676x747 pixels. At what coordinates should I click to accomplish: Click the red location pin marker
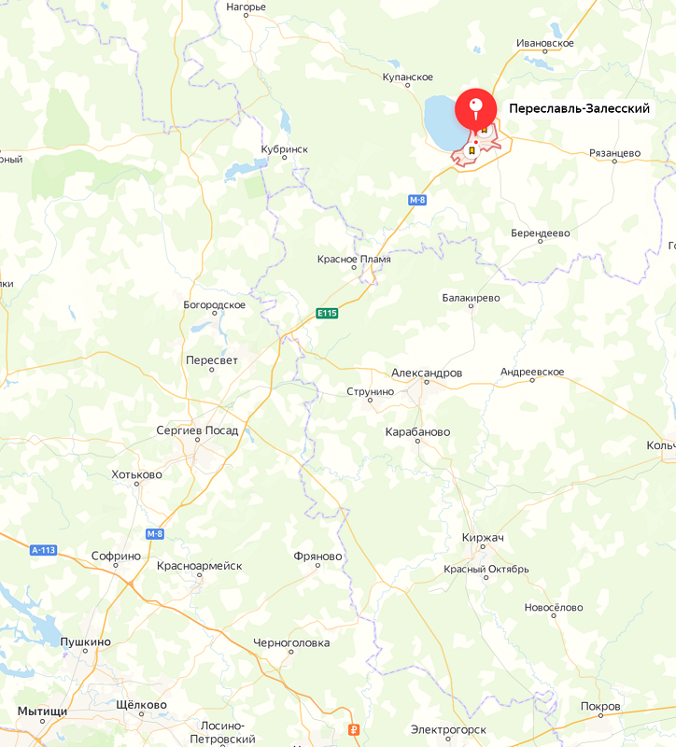pyautogui.click(x=476, y=110)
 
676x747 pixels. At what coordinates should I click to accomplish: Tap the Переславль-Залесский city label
pyautogui.click(x=579, y=109)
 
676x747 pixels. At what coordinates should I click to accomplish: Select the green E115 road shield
pyautogui.click(x=326, y=313)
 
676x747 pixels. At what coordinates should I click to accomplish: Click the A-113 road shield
pyautogui.click(x=44, y=550)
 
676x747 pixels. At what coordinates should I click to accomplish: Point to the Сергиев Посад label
pyautogui.click(x=197, y=430)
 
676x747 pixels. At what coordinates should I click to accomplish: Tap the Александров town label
pyautogui.click(x=427, y=373)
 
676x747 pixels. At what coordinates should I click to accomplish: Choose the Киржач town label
pyautogui.click(x=483, y=538)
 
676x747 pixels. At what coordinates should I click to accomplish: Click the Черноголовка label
pyautogui.click(x=291, y=643)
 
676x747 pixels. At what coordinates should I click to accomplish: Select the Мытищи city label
pyautogui.click(x=42, y=712)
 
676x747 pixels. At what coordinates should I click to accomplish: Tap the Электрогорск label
pyautogui.click(x=448, y=729)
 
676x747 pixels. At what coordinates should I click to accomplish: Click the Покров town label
pyautogui.click(x=599, y=707)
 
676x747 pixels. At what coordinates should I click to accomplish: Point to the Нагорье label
pyautogui.click(x=246, y=7)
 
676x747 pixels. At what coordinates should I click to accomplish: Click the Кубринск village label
pyautogui.click(x=284, y=149)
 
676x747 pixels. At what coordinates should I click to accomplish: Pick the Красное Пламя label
pyautogui.click(x=354, y=259)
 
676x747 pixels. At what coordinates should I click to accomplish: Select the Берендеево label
pyautogui.click(x=541, y=233)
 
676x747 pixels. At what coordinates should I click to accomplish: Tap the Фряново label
pyautogui.click(x=317, y=557)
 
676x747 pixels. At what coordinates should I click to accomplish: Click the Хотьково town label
pyautogui.click(x=136, y=474)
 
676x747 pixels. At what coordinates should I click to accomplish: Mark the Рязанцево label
pyautogui.click(x=615, y=153)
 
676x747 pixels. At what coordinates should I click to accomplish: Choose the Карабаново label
pyautogui.click(x=417, y=432)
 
